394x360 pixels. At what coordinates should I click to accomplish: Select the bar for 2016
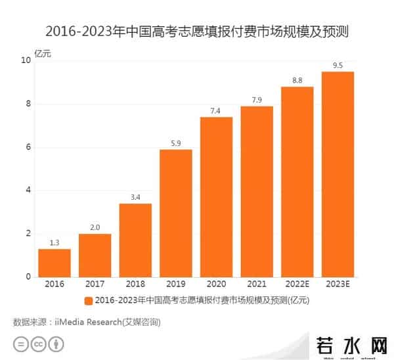click(x=55, y=263)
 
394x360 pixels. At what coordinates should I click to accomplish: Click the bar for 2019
click(x=175, y=214)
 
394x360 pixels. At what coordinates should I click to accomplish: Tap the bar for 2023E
click(x=338, y=174)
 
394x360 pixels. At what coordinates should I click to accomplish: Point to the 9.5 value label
click(x=338, y=65)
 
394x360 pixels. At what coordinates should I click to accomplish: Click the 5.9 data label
click(x=175, y=143)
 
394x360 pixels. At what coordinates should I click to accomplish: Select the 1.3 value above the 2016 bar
click(x=55, y=242)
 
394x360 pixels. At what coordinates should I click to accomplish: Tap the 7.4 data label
click(x=216, y=110)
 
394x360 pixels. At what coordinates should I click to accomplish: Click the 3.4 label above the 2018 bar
click(x=135, y=197)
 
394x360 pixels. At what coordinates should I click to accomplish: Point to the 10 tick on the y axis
click(x=26, y=60)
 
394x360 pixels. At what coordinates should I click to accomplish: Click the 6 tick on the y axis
click(x=28, y=147)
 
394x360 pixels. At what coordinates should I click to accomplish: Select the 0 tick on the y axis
click(x=28, y=277)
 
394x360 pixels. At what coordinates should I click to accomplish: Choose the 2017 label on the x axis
click(x=95, y=284)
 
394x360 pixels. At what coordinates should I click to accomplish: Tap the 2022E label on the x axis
click(x=297, y=284)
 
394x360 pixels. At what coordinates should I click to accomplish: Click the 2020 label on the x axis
click(x=216, y=284)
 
